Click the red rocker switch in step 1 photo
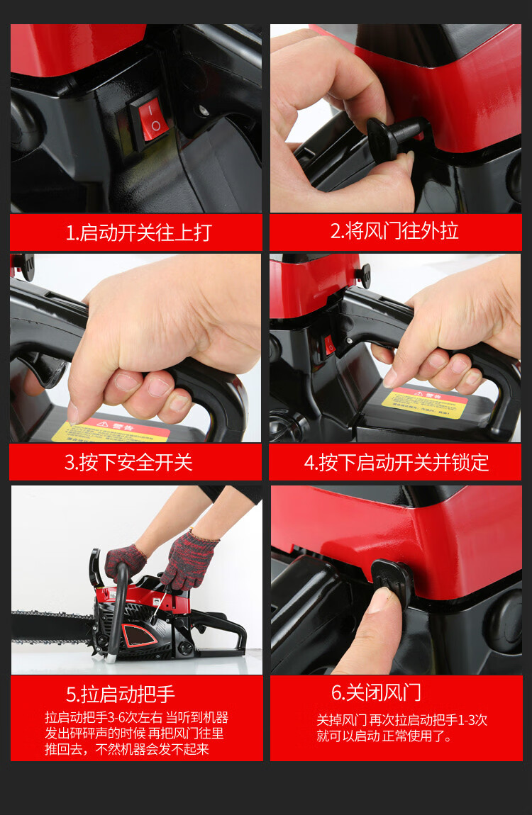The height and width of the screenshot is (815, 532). click(150, 116)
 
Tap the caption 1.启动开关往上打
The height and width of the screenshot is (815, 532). click(139, 232)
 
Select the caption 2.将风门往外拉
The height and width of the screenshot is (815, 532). click(394, 231)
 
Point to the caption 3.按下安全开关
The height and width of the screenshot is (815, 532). click(128, 463)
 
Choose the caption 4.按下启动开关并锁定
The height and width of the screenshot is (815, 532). click(397, 463)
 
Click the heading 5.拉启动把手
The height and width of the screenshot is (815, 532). click(121, 694)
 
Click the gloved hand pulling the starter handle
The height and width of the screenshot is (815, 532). click(189, 560)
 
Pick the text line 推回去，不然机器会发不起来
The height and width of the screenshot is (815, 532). click(127, 749)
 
